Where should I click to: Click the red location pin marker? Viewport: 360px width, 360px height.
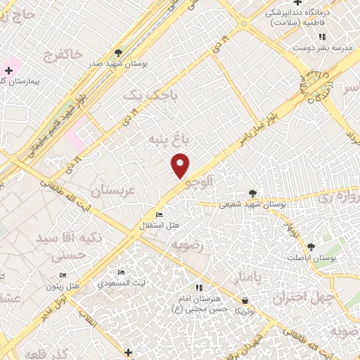[181, 165]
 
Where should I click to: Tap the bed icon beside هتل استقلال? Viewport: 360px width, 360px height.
[159, 214]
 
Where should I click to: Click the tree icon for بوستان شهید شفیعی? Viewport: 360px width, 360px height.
[252, 193]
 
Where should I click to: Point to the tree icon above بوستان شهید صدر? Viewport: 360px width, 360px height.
[118, 52]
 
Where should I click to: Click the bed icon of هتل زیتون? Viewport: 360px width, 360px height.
[63, 275]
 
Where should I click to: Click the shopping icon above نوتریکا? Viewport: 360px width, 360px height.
[243, 300]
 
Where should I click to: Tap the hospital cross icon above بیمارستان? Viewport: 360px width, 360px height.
[8, 70]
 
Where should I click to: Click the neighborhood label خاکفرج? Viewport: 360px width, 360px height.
[63, 53]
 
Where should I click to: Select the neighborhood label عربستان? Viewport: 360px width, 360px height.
[112, 190]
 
